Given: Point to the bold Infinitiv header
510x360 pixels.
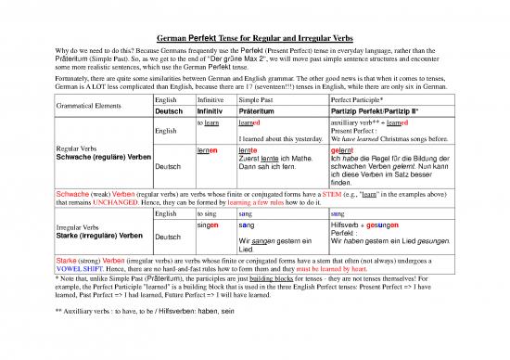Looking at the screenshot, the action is point(211,111).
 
